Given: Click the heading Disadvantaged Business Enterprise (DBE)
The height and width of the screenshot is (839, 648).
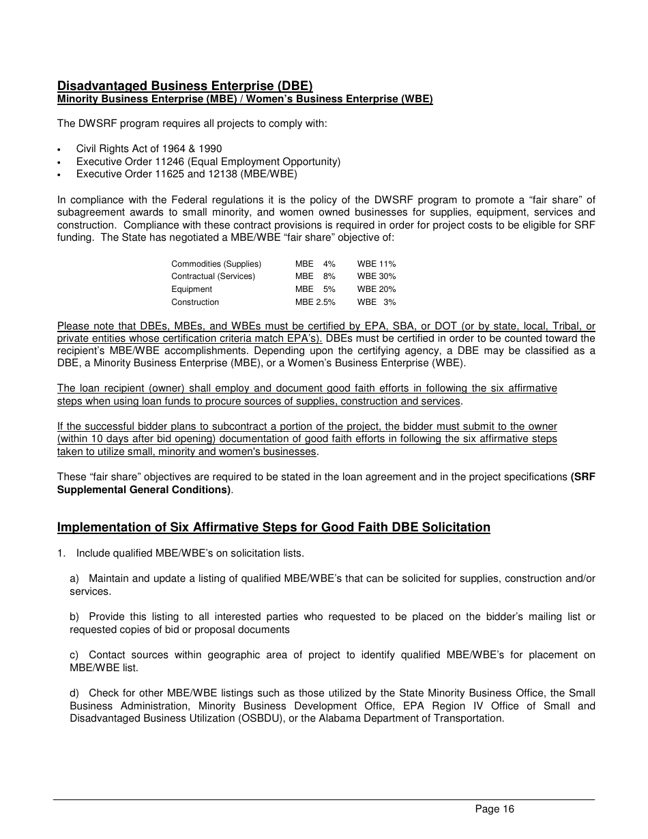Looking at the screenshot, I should coord(185,86).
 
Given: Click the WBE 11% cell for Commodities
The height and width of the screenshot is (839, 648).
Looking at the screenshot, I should coord(376,264).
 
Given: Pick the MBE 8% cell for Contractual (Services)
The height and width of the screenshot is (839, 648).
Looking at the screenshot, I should coord(315,276).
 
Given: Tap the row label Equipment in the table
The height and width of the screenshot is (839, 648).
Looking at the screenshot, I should coord(191,289).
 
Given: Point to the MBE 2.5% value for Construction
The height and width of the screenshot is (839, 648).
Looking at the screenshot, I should coord(315,302).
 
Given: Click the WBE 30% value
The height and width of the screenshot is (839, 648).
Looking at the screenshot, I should coord(376,276).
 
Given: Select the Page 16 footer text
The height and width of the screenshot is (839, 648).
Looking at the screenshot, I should coord(495,810).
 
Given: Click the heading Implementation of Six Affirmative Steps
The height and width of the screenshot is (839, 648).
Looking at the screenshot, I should coord(274,527).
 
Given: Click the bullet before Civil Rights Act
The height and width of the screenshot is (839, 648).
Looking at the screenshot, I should coord(61,149).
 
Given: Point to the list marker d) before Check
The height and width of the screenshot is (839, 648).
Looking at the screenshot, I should coord(74,694).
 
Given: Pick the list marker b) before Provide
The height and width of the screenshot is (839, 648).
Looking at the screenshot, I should coord(74,617).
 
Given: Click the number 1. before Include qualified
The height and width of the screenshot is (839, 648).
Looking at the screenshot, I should coord(61,553).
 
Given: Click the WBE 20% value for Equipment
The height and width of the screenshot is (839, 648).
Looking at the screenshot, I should coord(376,289).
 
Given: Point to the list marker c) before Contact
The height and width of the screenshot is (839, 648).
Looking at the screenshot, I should coord(74,655).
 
